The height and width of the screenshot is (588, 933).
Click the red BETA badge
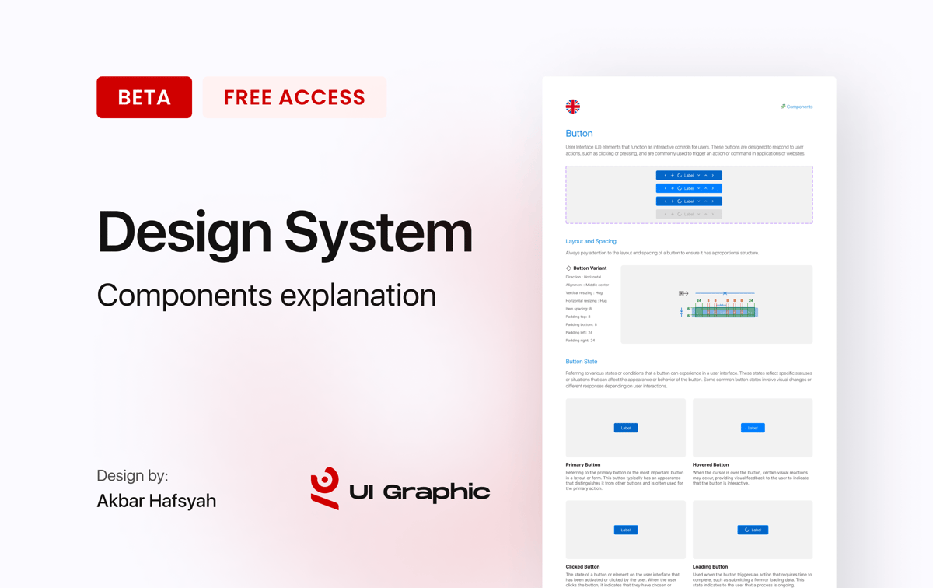[144, 97]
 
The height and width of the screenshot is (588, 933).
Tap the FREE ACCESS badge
[294, 97]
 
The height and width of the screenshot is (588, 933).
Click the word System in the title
[378, 232]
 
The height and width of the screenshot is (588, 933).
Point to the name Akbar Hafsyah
[156, 501]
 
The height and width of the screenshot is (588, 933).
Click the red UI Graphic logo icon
[325, 488]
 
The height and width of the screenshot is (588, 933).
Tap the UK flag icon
[573, 107]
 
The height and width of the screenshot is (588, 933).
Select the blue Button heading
[579, 134]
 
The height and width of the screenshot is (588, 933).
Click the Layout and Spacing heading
[591, 241]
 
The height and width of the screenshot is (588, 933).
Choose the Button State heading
[582, 362]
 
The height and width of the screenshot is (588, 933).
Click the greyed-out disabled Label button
[689, 214]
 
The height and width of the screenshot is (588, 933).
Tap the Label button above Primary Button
[626, 428]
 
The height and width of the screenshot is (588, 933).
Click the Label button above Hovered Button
[753, 428]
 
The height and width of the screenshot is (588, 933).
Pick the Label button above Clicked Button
[626, 530]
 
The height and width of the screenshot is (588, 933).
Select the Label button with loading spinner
[753, 530]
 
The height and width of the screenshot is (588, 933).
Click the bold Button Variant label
[589, 268]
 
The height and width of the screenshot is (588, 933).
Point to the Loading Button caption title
[710, 567]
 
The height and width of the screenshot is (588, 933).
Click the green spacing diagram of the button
[724, 312]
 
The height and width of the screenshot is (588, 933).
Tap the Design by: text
[132, 476]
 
